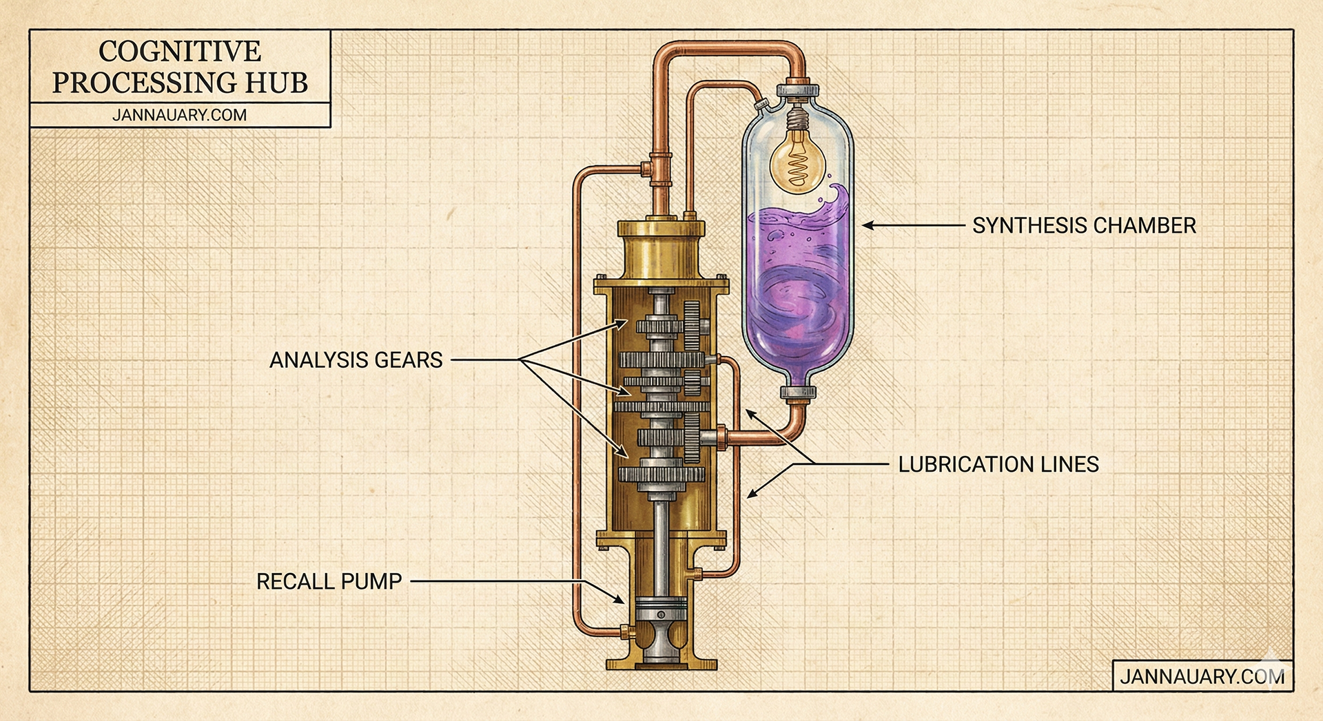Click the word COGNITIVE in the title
(x=180, y=51)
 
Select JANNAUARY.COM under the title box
(x=179, y=115)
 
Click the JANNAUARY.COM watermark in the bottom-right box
(x=1202, y=676)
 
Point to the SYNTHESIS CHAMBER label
(x=1084, y=225)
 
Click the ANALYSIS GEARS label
(x=356, y=360)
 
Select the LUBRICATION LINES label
(x=998, y=464)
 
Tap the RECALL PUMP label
(x=329, y=581)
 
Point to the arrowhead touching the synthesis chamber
(x=868, y=225)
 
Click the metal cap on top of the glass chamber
(x=797, y=90)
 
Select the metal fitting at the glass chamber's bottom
(x=798, y=393)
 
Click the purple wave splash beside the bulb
(x=836, y=200)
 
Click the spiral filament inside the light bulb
(x=798, y=167)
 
